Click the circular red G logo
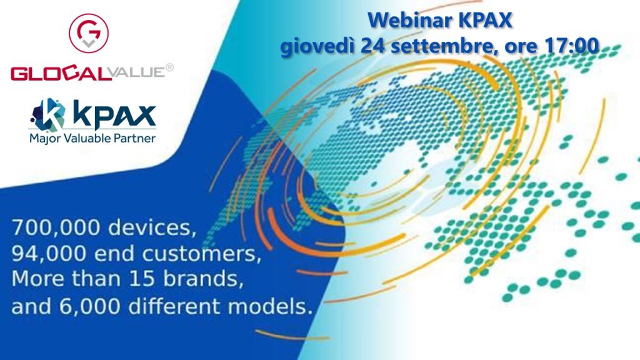89,33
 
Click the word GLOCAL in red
61,74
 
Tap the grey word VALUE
137,72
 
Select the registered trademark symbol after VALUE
169,67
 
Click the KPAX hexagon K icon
48,115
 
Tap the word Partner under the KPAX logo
134,138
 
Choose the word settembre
444,46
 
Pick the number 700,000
56,227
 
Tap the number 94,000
49,254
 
